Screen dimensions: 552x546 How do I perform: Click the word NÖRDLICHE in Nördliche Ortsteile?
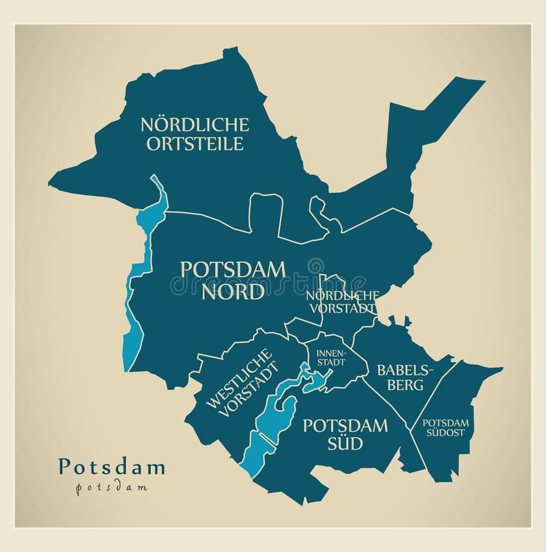[195, 124]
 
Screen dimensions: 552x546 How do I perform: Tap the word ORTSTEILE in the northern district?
[195, 143]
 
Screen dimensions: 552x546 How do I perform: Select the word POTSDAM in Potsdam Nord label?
[233, 269]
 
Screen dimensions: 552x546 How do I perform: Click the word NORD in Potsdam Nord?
[233, 292]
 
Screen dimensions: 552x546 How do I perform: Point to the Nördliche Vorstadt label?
[342, 301]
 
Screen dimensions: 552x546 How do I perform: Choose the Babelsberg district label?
[399, 377]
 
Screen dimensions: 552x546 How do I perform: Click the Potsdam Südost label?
[444, 428]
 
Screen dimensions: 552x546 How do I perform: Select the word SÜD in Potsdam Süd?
[345, 444]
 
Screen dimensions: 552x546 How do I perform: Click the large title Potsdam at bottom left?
[112, 467]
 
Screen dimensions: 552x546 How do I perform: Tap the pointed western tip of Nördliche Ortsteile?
[55, 182]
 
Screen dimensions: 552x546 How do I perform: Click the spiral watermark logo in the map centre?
[315, 266]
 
